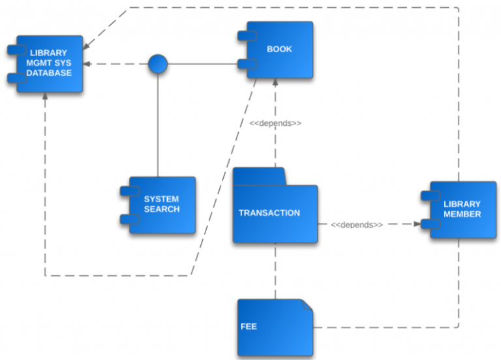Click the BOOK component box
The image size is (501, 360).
coord(279,50)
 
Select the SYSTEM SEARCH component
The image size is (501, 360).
coord(162,204)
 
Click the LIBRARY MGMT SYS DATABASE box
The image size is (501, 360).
coord(50,63)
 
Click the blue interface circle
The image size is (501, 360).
coord(158,64)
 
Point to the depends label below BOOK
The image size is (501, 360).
coord(275,123)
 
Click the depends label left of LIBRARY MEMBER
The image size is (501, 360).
coord(356,224)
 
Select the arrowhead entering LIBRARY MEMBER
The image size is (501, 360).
coord(416,224)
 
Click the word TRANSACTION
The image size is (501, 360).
coord(269,213)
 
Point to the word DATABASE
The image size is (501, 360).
coord(49,73)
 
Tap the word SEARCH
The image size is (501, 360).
coord(162,209)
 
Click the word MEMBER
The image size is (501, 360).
coord(463,214)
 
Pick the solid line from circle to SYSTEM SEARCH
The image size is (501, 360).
coord(158,124)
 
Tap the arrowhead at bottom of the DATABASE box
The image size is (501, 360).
coord(45,97)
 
